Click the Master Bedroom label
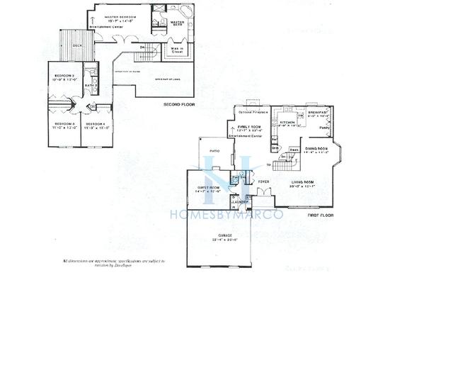coord(120,16)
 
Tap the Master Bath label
coord(177,23)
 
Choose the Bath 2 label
coord(91,86)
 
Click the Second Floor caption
coord(180,104)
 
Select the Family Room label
coord(251,126)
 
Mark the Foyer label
coord(263,182)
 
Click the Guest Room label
coord(210,188)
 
